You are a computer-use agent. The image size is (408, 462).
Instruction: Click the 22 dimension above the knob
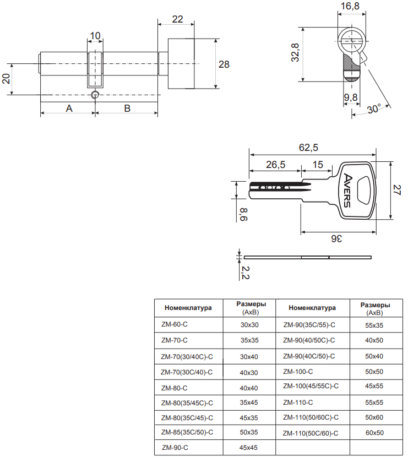(177, 19)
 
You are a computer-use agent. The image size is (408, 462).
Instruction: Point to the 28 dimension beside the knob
(224, 64)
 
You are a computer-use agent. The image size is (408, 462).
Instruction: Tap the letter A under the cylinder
(69, 108)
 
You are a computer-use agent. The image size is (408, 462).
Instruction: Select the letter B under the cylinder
(127, 108)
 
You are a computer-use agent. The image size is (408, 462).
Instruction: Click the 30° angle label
(374, 109)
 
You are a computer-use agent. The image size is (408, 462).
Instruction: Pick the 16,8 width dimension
(350, 7)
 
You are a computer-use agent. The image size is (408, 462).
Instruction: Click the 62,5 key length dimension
(308, 148)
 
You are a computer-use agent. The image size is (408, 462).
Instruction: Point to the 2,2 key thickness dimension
(246, 270)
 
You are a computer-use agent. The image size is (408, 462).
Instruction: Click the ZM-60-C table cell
(175, 325)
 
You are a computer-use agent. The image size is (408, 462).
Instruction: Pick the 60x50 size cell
(374, 433)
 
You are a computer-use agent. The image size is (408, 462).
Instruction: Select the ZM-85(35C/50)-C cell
(187, 432)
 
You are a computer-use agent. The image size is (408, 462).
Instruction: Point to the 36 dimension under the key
(336, 238)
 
